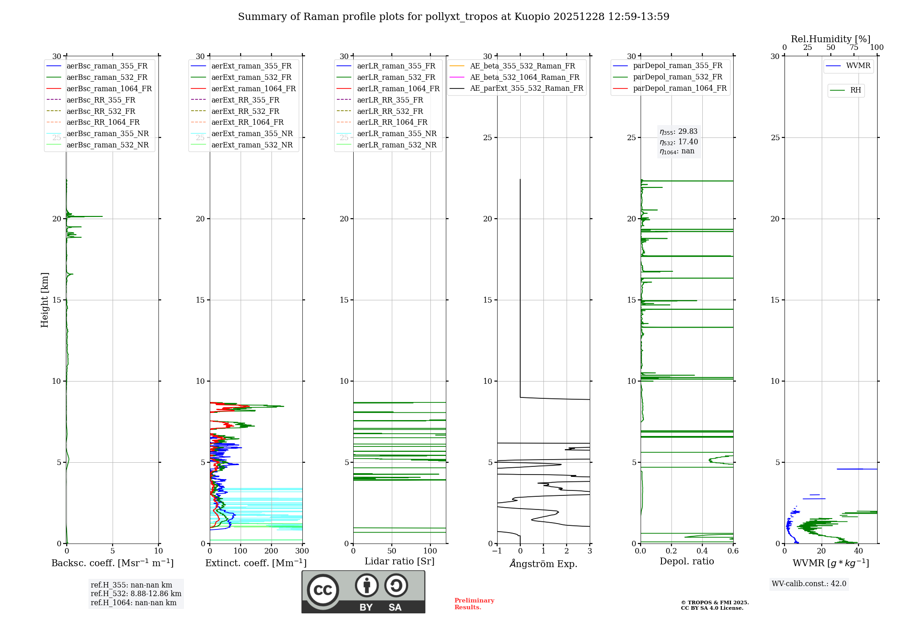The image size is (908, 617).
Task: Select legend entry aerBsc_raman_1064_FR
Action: click(109, 88)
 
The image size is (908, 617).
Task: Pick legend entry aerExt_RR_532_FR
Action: click(245, 111)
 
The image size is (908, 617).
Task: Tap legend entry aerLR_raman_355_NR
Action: click(396, 133)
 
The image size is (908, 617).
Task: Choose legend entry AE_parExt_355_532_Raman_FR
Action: click(526, 88)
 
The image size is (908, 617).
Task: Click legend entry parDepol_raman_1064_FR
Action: click(680, 88)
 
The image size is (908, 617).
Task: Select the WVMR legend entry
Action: click(858, 66)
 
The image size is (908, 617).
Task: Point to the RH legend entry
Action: click(855, 90)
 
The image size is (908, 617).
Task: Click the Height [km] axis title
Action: click(44, 300)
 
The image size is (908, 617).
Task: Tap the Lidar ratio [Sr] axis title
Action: click(399, 561)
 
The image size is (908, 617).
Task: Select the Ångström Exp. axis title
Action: click(543, 563)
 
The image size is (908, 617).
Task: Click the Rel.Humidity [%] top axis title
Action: click(830, 39)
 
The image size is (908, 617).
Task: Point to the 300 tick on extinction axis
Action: click(302, 551)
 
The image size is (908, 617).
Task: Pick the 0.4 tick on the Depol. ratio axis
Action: click(702, 551)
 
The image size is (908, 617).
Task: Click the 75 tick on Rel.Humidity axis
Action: click(854, 48)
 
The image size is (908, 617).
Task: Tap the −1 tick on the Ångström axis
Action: click(497, 551)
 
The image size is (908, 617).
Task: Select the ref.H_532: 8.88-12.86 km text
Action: click(136, 593)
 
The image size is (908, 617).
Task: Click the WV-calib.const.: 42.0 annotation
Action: click(809, 583)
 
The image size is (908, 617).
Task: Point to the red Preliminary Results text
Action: click(474, 604)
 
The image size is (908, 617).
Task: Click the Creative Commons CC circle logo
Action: click(323, 590)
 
